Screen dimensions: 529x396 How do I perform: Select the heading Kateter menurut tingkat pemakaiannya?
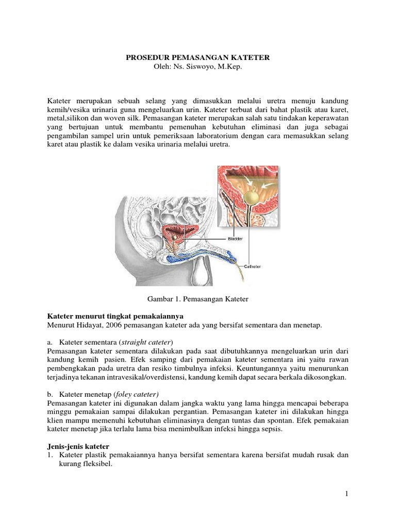point(115,316)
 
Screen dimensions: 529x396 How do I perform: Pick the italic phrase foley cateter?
point(138,395)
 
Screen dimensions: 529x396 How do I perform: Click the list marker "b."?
point(50,395)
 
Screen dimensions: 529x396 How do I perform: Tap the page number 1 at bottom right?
point(347,494)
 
